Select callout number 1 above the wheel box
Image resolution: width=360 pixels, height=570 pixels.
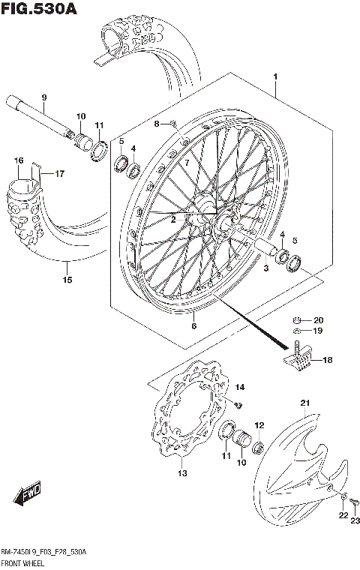click(275, 77)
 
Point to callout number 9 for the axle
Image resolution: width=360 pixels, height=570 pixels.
click(44, 98)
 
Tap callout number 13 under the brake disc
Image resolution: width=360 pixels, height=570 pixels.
click(182, 474)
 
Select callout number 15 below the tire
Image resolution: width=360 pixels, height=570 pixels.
click(67, 280)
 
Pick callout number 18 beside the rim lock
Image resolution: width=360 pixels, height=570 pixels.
click(326, 361)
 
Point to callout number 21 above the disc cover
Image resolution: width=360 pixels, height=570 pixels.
click(304, 404)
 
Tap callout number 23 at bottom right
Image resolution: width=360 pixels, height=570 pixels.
click(355, 521)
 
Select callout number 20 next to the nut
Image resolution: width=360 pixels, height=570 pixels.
click(318, 318)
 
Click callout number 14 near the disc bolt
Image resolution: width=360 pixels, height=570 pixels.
click(240, 387)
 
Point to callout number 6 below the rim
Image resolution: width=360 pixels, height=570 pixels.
click(193, 325)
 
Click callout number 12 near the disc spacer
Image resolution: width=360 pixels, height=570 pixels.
click(259, 425)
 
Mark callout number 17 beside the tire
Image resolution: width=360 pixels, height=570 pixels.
click(59, 174)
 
